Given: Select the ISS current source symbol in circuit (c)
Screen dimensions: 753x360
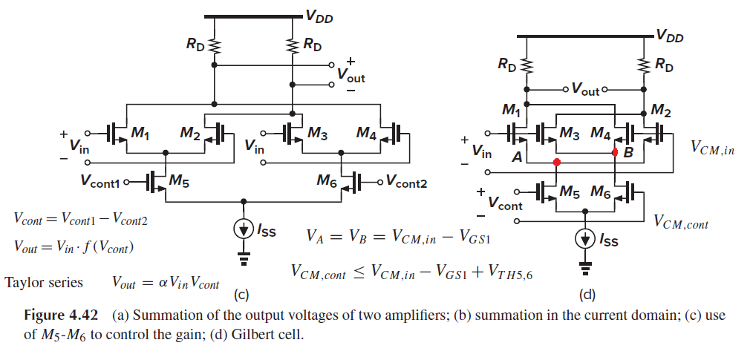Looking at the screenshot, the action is click(244, 230).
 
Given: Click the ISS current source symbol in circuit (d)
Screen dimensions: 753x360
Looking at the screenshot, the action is click(585, 240).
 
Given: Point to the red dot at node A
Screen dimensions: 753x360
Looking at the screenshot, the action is click(557, 163).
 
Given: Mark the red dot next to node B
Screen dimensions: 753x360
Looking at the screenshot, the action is click(615, 153).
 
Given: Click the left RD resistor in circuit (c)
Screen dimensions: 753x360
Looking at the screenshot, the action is click(215, 46).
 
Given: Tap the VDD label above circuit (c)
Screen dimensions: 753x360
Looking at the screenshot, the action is click(319, 18).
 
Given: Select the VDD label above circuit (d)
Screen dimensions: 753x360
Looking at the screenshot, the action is click(670, 36).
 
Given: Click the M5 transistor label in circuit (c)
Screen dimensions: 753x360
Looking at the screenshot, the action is click(178, 181).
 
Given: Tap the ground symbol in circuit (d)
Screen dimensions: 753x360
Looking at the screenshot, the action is click(585, 267).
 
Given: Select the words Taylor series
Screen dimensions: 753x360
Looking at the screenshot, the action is click(44, 282).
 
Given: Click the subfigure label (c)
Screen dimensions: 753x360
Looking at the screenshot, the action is click(241, 295).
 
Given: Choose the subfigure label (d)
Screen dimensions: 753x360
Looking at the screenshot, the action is click(587, 295).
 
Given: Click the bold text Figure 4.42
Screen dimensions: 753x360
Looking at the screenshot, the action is click(61, 316).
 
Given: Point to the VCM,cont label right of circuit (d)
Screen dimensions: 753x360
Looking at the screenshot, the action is click(682, 222).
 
